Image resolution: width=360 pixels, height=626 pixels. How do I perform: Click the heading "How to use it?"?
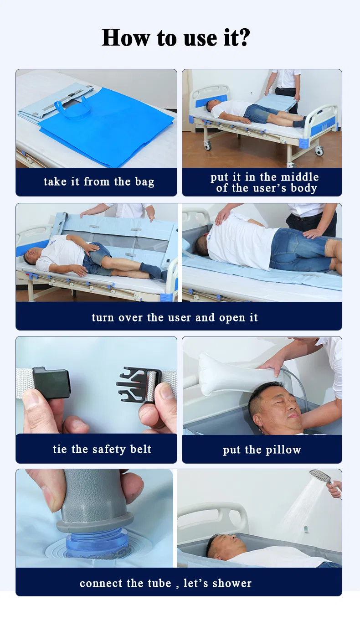(x=175, y=37)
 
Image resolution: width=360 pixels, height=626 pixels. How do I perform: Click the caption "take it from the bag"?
(x=99, y=182)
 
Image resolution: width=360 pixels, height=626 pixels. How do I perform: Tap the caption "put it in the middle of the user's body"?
(x=264, y=182)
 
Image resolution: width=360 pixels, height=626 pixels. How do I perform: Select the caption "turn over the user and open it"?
(x=175, y=317)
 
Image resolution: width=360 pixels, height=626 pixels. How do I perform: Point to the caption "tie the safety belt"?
(x=102, y=449)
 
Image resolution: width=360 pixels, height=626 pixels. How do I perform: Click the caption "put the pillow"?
(x=262, y=450)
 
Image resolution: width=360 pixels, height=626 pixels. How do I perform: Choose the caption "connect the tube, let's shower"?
(x=165, y=583)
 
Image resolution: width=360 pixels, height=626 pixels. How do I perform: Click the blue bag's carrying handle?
(x=72, y=109)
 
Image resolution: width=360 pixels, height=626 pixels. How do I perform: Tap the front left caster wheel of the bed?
(x=207, y=145)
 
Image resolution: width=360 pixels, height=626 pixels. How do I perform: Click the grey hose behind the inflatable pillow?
(x=299, y=383)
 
